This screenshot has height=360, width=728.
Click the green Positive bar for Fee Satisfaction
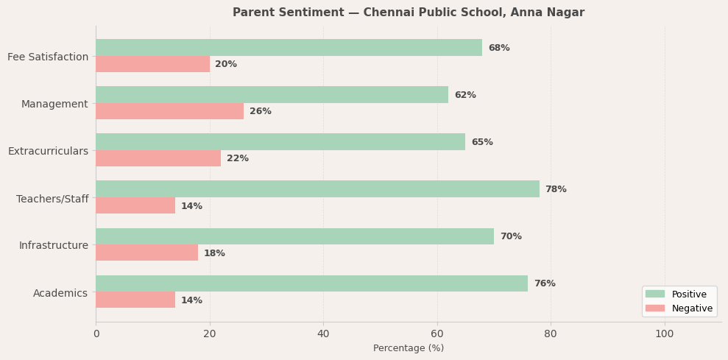click(x=289, y=48)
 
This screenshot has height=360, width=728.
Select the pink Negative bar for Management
click(x=169, y=111)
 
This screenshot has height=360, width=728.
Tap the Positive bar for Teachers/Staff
click(x=317, y=189)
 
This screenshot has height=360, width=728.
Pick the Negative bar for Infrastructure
click(x=146, y=253)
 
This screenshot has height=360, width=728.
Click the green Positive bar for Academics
click(x=311, y=283)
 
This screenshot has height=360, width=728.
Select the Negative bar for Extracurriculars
click(x=158, y=158)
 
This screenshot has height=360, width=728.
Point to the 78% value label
click(x=556, y=189)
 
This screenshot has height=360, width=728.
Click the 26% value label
click(x=261, y=111)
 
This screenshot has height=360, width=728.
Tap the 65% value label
click(x=482, y=142)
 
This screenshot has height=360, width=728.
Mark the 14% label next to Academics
click(x=191, y=300)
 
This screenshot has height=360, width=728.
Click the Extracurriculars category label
click(x=48, y=151)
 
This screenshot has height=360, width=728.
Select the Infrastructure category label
click(x=53, y=245)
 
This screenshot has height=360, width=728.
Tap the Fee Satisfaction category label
click(x=48, y=57)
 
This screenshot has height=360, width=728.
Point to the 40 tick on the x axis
click(x=323, y=333)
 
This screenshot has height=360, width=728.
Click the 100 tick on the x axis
click(x=665, y=333)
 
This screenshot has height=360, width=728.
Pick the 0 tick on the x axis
click(x=96, y=333)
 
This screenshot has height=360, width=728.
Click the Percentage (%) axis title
click(x=409, y=348)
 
